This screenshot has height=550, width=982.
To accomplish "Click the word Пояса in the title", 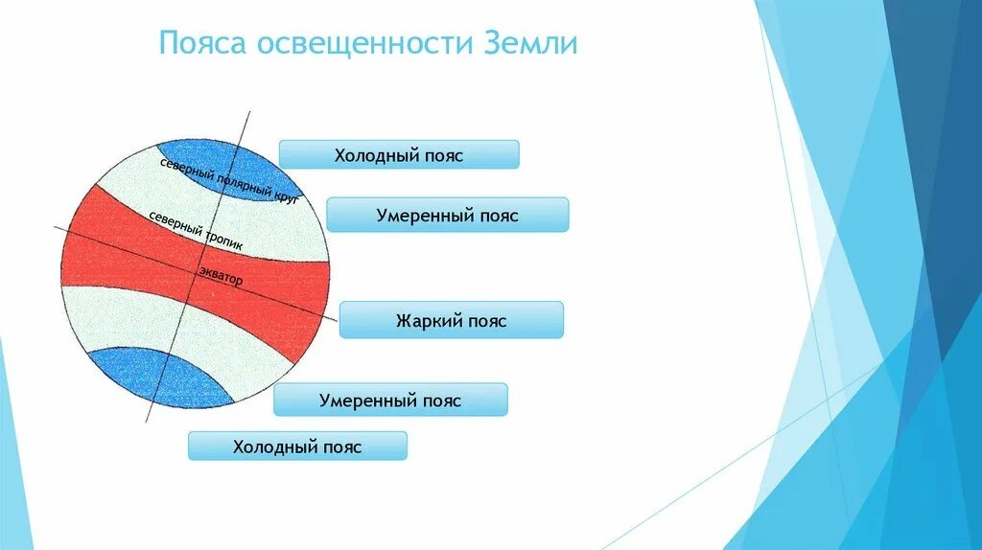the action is point(202,43).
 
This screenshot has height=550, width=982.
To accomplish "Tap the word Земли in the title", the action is point(529,43).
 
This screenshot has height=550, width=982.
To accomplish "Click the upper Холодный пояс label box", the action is point(399,154).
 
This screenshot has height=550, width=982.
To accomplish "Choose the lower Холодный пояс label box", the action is point(297,447).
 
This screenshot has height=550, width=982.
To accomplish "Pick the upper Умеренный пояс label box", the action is point(448,215).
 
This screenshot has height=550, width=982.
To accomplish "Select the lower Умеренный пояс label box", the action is point(390,400).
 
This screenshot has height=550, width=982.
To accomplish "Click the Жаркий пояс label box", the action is point(452,320).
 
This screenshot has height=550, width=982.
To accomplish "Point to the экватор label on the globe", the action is point(222,275).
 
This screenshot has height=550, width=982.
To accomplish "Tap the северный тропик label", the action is point(196,230).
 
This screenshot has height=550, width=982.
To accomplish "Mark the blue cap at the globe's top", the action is point(228,169).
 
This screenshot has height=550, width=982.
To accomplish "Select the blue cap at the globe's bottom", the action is point(160,377).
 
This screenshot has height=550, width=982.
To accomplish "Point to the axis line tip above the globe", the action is point(250,112).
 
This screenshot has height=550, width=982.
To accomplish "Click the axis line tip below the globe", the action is point(147,421).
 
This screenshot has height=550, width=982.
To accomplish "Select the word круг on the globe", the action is point(286,195).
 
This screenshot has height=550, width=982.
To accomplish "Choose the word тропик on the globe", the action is point(223,241).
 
